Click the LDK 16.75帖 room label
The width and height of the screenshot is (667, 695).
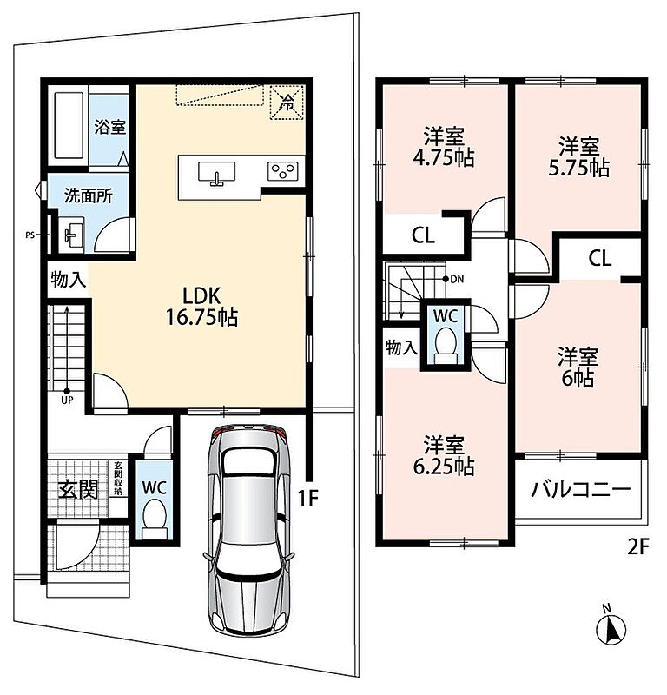(x=201, y=307)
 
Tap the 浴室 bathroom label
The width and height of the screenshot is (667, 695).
(x=110, y=127)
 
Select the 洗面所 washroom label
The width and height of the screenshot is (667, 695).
(x=89, y=196)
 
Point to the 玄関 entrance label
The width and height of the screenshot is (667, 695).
(x=78, y=490)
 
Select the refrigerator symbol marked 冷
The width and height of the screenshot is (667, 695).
(x=287, y=103)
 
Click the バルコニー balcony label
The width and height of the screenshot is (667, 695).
(x=580, y=489)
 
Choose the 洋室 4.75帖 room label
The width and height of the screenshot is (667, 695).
(x=444, y=147)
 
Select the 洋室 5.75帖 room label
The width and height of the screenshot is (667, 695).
(x=578, y=157)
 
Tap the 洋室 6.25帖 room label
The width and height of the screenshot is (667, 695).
(x=444, y=455)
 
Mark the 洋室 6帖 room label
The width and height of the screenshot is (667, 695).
(x=578, y=367)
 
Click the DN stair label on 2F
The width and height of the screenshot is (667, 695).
(x=457, y=279)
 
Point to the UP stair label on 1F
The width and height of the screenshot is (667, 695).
(x=68, y=400)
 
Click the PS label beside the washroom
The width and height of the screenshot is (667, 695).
(x=30, y=235)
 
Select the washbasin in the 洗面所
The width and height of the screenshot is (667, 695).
(x=71, y=235)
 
